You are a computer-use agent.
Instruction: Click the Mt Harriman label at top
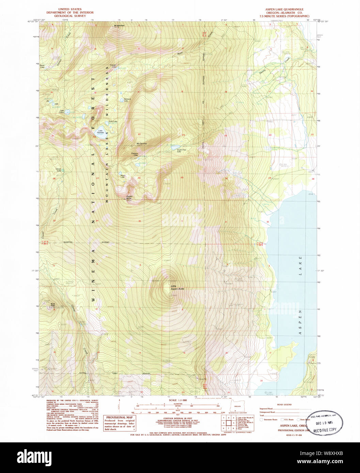click(120, 26)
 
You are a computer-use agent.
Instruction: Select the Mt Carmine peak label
click(141, 143)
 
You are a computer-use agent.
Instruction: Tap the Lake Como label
click(62, 112)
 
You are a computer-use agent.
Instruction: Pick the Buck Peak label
click(53, 305)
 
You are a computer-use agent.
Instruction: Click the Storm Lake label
click(42, 66)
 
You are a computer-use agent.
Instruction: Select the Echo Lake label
click(113, 121)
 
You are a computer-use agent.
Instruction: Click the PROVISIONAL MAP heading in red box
click(120, 418)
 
